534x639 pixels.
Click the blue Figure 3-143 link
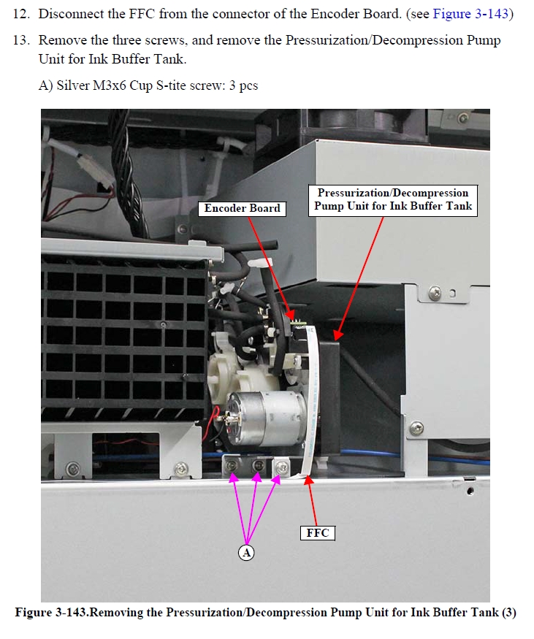(x=470, y=14)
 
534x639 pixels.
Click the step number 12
(x=22, y=14)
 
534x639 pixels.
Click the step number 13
(x=22, y=40)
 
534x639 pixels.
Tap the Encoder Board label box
(x=242, y=208)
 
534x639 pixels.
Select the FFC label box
(x=318, y=532)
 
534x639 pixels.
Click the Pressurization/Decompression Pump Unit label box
(x=393, y=200)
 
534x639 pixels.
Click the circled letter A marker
(x=246, y=553)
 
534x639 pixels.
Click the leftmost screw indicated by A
(x=232, y=465)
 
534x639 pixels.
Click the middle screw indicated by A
(x=258, y=465)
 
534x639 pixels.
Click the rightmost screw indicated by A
(x=282, y=467)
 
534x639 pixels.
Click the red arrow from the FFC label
(x=313, y=501)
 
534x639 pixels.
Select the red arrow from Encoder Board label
(x=271, y=268)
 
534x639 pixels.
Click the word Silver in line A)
(x=73, y=85)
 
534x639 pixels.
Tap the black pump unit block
(x=329, y=397)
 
